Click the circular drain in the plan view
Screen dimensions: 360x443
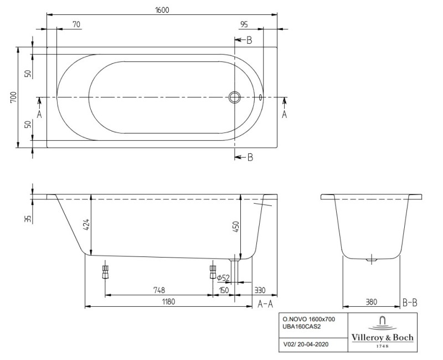(x=235, y=97)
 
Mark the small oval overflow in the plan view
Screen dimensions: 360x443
(x=260, y=97)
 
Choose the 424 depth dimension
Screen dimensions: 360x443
(x=86, y=224)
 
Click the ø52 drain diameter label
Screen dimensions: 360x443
(x=223, y=277)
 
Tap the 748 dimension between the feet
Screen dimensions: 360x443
(x=159, y=289)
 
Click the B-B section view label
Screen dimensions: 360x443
(x=410, y=302)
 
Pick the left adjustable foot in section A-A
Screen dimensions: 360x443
(x=105, y=272)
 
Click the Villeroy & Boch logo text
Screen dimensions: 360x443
(x=382, y=338)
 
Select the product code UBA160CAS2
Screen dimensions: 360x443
(x=301, y=327)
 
